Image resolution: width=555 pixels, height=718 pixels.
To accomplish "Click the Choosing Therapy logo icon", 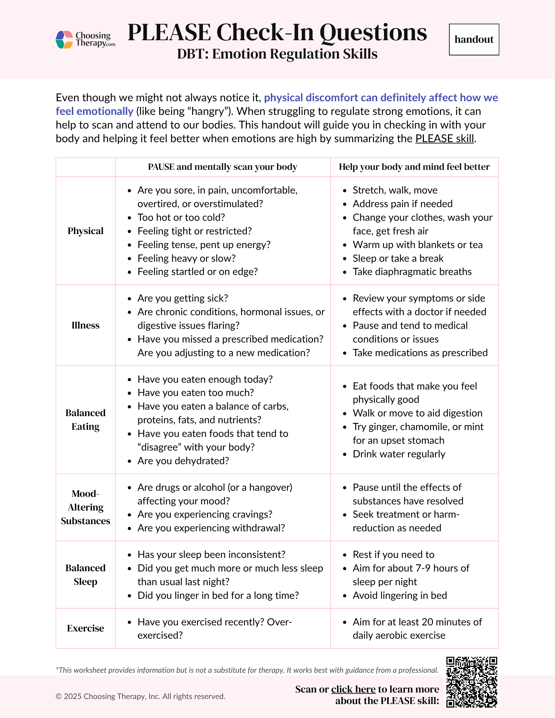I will (x=65, y=39).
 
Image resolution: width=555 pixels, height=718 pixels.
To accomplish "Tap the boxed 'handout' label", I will (x=474, y=39).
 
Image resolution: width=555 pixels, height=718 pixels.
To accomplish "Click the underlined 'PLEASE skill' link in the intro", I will (x=445, y=139).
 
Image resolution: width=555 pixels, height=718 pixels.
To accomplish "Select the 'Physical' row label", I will (x=85, y=231).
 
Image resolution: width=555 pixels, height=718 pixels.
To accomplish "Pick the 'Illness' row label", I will (x=85, y=325).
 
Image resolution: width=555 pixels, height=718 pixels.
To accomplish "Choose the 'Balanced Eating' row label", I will (x=85, y=420).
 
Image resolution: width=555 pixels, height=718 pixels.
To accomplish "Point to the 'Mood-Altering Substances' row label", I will (x=85, y=507).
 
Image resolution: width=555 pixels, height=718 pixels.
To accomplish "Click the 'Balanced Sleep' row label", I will (x=85, y=575).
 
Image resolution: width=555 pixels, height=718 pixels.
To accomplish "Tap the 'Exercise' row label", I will (x=85, y=628).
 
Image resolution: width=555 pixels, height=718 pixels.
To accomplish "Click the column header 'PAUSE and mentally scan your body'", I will (x=223, y=167).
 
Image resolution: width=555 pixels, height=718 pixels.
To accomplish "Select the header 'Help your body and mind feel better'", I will (x=414, y=167).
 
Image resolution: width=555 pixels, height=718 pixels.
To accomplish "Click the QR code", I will (x=472, y=682).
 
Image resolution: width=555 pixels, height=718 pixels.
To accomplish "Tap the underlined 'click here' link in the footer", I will (x=353, y=689).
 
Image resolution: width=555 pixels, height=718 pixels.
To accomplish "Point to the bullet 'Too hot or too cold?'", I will (x=181, y=218).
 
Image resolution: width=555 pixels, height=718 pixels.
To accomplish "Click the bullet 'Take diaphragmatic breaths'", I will (x=412, y=272).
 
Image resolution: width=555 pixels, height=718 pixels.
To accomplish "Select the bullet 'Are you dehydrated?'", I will (x=183, y=461).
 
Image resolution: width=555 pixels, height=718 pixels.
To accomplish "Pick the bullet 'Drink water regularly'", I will (x=399, y=454).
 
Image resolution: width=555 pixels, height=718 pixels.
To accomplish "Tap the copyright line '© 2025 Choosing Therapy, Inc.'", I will (x=140, y=696).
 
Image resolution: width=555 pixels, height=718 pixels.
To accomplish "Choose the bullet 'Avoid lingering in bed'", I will (x=400, y=596).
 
